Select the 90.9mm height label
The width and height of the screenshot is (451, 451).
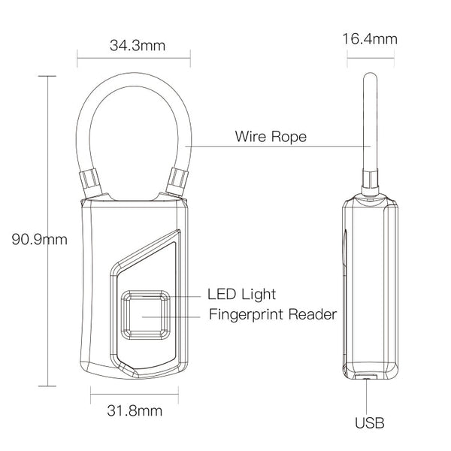click(x=40, y=240)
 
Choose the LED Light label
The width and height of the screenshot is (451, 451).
click(x=241, y=293)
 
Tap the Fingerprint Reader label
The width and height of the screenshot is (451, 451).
click(x=272, y=314)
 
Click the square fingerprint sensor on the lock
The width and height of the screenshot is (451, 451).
click(x=147, y=315)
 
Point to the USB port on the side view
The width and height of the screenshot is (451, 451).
click(x=368, y=376)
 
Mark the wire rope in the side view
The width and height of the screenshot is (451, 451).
click(x=369, y=120)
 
